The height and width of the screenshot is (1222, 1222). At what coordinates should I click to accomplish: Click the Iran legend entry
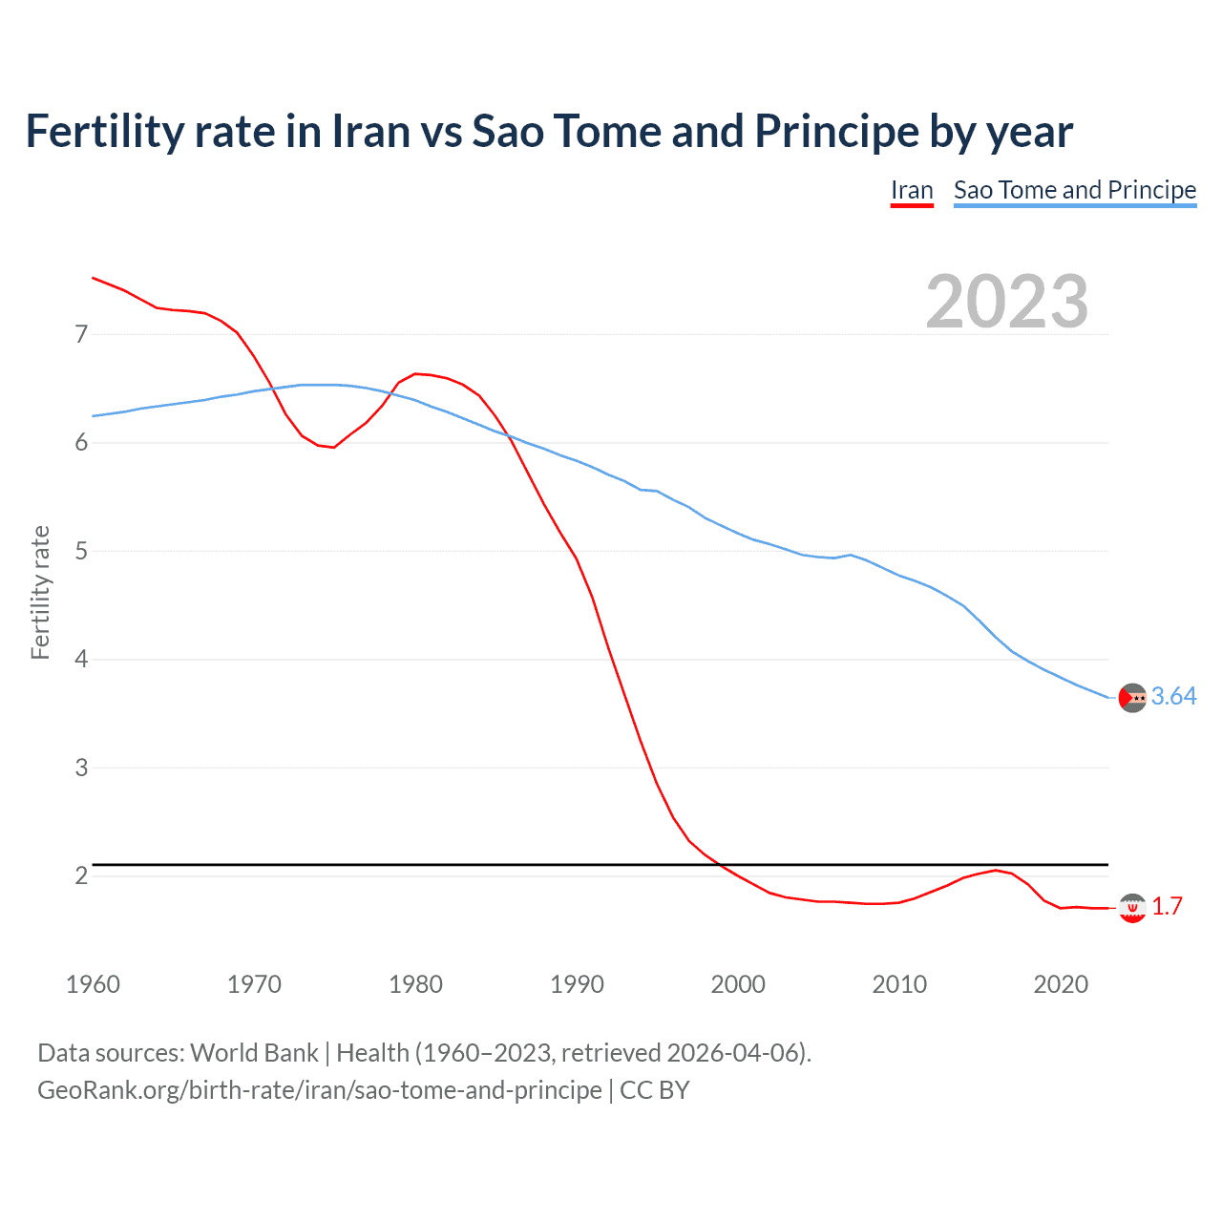coord(912,190)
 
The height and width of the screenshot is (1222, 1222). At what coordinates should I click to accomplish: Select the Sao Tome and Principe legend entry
coord(1075,190)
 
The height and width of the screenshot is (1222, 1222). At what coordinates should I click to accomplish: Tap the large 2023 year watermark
coord(1006,302)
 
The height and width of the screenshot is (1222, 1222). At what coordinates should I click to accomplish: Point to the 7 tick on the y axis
coord(81,334)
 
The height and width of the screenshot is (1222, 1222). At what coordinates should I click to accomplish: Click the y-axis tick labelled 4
coord(81,660)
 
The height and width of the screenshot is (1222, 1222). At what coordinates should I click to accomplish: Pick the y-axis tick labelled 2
coord(81,875)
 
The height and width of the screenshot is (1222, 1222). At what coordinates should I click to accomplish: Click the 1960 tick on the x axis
coord(93,984)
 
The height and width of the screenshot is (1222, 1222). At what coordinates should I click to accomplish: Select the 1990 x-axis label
coord(577,984)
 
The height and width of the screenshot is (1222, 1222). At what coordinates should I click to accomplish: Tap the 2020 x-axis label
coord(1061,984)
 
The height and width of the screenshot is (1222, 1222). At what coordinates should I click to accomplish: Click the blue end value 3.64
coord(1173,697)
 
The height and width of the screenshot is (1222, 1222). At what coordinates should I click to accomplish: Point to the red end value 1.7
coord(1167,906)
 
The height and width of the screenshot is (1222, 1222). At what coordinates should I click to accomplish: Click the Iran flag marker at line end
coord(1132,908)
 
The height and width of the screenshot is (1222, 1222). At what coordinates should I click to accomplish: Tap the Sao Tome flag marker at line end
coord(1132,698)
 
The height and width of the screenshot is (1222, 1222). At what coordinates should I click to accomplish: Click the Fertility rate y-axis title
coord(40,592)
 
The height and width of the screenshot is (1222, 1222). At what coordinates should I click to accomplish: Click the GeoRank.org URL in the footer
coord(319,1090)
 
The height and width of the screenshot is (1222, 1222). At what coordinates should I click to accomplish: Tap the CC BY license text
coord(655,1090)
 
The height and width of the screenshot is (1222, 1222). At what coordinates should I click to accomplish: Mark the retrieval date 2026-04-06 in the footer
coord(732,1053)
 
